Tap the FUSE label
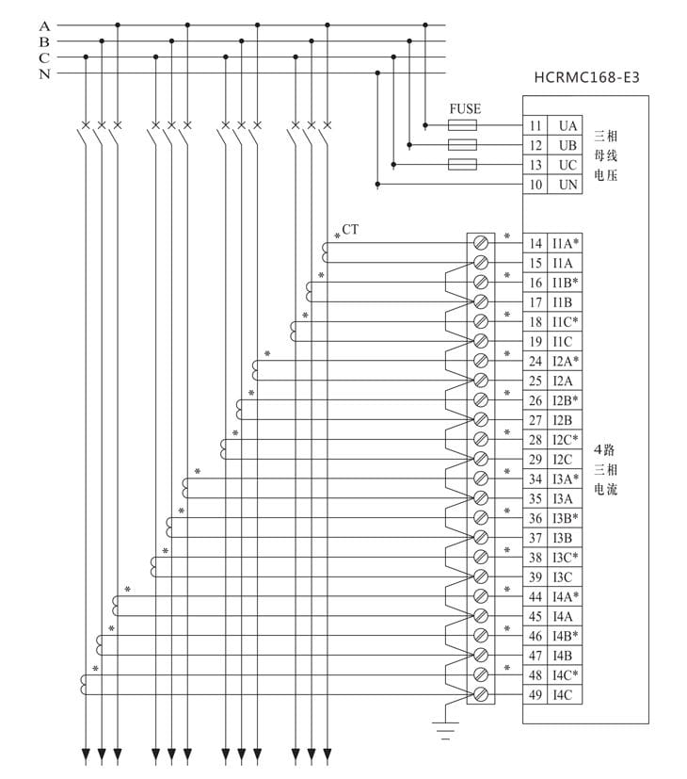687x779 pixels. tap(465, 109)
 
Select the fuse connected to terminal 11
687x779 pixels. tap(462, 125)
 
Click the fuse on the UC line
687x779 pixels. tap(462, 165)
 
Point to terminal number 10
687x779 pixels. tap(535, 185)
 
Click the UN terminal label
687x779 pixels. tap(567, 185)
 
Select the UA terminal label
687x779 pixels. tap(567, 125)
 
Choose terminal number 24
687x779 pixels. tap(535, 361)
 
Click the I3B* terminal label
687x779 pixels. tap(566, 518)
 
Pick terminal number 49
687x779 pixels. tap(535, 695)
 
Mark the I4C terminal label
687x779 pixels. tap(563, 695)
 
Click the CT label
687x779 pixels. tap(350, 229)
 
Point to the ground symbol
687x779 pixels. tap(444, 725)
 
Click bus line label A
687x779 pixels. tap(44, 25)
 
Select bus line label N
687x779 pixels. tap(44, 73)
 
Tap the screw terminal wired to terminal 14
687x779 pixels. tap(481, 242)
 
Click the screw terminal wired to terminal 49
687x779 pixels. tap(481, 694)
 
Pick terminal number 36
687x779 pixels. tap(535, 518)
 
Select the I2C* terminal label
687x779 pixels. tap(566, 440)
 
